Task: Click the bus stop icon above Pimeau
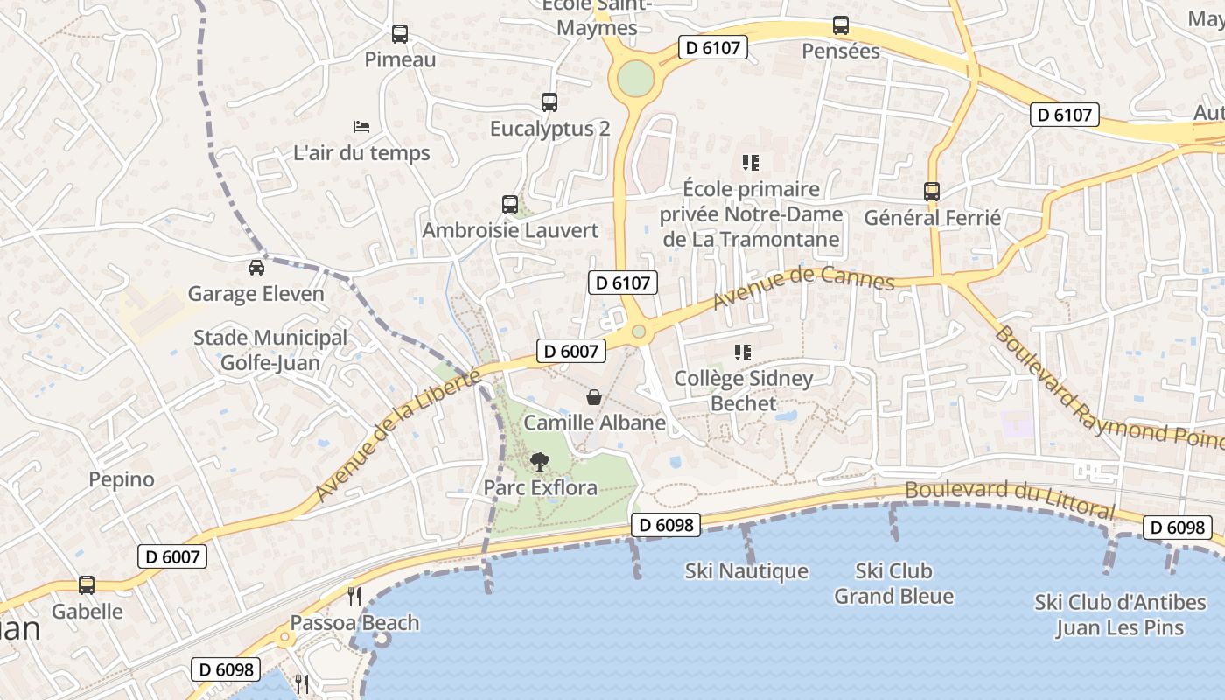(x=400, y=34)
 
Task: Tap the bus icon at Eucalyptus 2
(x=549, y=102)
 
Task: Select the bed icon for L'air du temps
(x=361, y=127)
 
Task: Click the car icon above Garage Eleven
(x=255, y=267)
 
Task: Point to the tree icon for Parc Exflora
(x=540, y=461)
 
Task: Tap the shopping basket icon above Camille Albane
(x=594, y=397)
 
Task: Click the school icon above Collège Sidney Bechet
(x=743, y=353)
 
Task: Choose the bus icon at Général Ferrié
(x=932, y=191)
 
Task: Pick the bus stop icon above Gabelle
(x=87, y=584)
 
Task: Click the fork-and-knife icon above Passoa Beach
(x=354, y=597)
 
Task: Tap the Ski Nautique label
(x=746, y=571)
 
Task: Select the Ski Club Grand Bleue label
(x=893, y=584)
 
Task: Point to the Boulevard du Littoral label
(x=1010, y=499)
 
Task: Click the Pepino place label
(x=122, y=479)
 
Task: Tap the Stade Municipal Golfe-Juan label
(x=269, y=350)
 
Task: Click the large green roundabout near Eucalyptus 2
(x=635, y=80)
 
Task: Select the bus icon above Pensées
(x=841, y=25)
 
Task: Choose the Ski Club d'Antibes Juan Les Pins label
(x=1120, y=615)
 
